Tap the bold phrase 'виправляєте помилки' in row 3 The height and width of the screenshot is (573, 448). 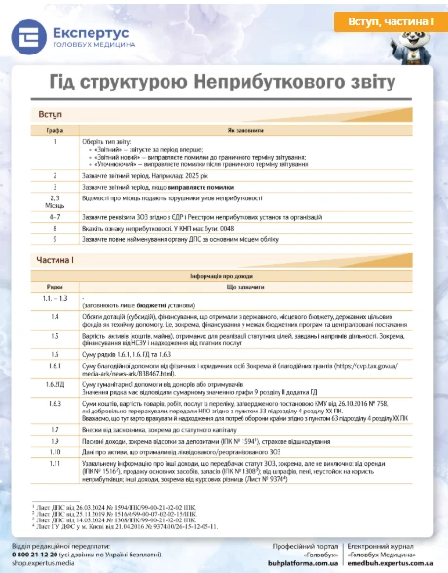coord(202,187)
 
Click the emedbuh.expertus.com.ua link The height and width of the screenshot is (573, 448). coord(393,561)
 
